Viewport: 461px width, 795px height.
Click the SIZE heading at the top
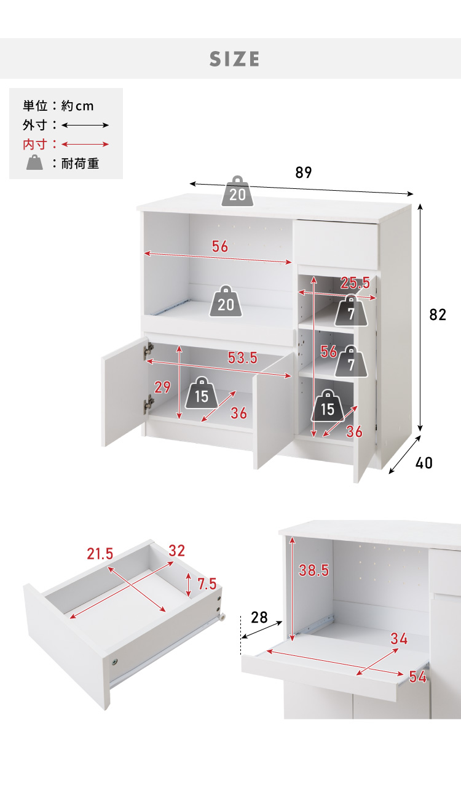[x=234, y=59]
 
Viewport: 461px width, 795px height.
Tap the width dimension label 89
[x=304, y=172]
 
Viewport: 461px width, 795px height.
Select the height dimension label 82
[x=438, y=315]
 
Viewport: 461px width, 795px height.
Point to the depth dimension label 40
[x=424, y=463]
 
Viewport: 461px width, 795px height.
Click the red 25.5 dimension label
[x=355, y=283]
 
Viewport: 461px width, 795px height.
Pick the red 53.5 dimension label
[x=243, y=358]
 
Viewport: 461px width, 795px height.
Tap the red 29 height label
[x=162, y=387]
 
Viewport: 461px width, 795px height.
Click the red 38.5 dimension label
[x=314, y=570]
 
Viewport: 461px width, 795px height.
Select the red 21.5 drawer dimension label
[x=100, y=554]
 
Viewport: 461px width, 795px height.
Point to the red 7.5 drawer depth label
[x=207, y=584]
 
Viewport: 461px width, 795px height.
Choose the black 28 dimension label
[x=259, y=618]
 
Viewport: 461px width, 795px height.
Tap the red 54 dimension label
[x=418, y=677]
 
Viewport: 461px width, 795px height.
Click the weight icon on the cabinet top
[x=238, y=191]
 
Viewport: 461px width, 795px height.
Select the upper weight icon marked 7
[x=351, y=311]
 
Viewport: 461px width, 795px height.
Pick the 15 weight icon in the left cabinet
[x=202, y=393]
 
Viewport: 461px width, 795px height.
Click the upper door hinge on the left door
[x=149, y=351]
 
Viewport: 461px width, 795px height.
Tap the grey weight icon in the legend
[x=35, y=162]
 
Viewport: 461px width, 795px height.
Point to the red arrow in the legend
[x=85, y=144]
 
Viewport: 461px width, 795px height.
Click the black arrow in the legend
[x=85, y=125]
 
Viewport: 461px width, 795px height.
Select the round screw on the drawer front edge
[x=114, y=662]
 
